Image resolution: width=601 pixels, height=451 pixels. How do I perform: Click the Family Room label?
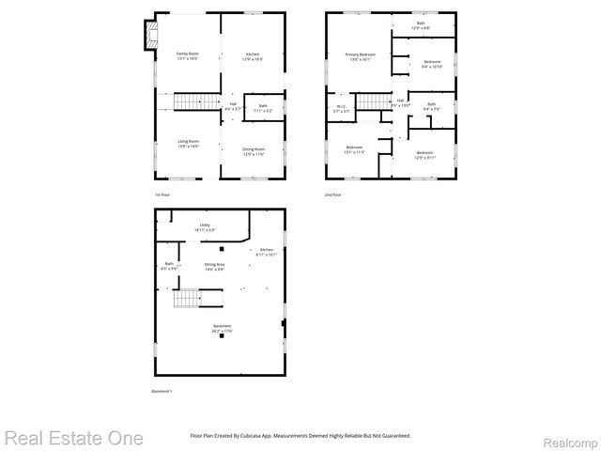pos(188,56)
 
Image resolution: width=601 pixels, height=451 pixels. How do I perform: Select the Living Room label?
pos(188,143)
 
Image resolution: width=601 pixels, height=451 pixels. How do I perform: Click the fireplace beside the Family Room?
pos(150,37)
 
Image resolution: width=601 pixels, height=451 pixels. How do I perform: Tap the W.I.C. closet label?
pos(342,108)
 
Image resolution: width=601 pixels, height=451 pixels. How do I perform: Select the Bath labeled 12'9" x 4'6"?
pos(421,25)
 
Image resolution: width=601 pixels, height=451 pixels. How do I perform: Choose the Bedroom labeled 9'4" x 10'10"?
pos(432,64)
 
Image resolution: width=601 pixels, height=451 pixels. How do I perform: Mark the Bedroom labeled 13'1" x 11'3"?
pos(354,149)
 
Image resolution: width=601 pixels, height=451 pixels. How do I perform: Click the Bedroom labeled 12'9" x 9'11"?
pos(424,154)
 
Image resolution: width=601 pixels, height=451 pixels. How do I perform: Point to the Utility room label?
pos(205,227)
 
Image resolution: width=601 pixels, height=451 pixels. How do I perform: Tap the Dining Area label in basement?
pos(214,267)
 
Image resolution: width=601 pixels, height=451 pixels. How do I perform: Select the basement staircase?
pos(189,299)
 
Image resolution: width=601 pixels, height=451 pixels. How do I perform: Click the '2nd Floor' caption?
pos(333,194)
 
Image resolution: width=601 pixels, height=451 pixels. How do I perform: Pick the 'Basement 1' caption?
pos(162,391)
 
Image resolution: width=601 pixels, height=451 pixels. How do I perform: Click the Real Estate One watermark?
pos(73,438)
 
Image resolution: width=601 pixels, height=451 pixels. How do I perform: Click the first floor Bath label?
pos(263,107)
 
